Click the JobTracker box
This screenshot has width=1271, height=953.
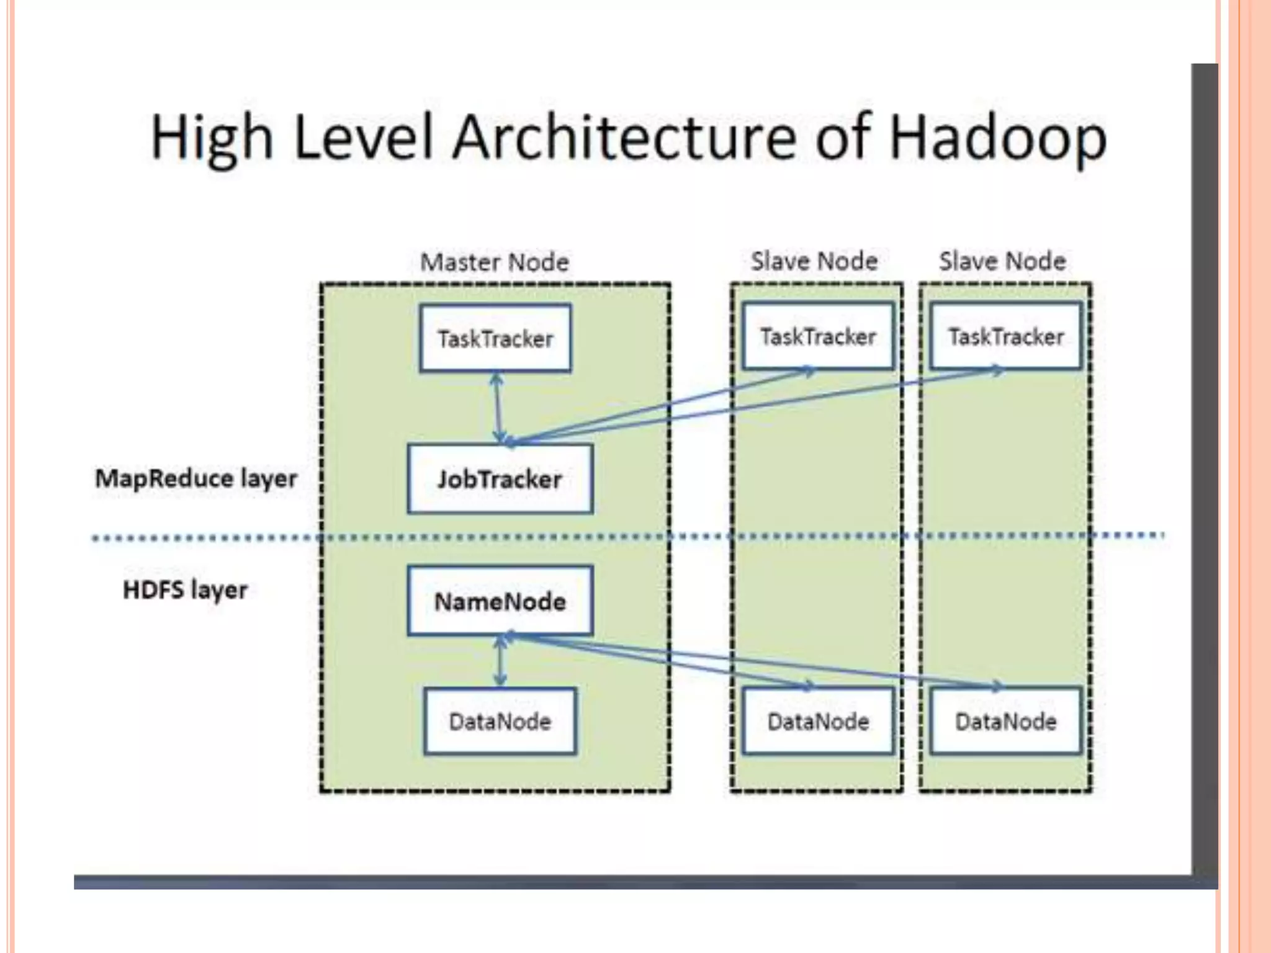[x=500, y=479]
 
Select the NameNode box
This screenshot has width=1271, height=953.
[x=500, y=601]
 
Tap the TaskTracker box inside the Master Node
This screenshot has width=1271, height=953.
[x=495, y=338]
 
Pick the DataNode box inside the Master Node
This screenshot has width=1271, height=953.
[x=500, y=721]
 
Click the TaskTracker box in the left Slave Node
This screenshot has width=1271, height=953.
[x=818, y=336]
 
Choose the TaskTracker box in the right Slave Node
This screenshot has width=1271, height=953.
[x=1006, y=336]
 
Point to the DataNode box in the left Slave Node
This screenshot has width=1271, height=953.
[x=818, y=721]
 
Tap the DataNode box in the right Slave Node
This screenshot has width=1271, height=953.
[x=1006, y=721]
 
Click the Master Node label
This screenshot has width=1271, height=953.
[x=495, y=262]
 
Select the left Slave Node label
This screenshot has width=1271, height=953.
[x=814, y=261]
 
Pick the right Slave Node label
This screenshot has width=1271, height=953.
[x=1002, y=261]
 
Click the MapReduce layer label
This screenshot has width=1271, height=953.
[x=196, y=478]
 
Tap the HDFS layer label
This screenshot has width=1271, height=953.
[x=185, y=589]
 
